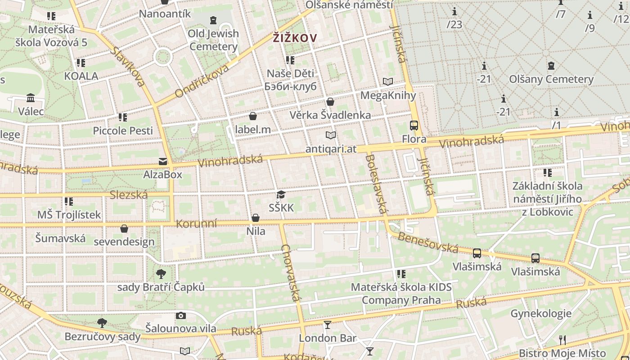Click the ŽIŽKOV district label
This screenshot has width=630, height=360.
click(x=295, y=38)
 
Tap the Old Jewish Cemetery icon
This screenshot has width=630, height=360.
click(x=213, y=20)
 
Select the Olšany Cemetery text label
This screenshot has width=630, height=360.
click(x=551, y=79)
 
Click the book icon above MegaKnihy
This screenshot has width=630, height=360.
click(x=388, y=82)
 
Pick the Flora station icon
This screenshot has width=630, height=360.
click(x=414, y=126)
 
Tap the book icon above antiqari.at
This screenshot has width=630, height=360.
click(x=331, y=135)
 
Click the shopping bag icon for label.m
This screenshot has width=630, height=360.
click(x=253, y=117)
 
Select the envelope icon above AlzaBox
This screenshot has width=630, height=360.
click(x=162, y=161)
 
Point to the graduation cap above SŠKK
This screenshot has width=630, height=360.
click(x=281, y=195)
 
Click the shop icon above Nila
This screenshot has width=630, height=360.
click(x=256, y=218)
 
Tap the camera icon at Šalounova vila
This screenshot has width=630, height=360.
click(x=181, y=315)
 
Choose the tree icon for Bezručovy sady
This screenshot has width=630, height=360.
click(x=102, y=323)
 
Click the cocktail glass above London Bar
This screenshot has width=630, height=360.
click(x=328, y=324)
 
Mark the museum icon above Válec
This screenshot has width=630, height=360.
click(x=31, y=98)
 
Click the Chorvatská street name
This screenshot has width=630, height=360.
click(x=291, y=273)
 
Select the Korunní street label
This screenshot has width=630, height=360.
click(x=196, y=224)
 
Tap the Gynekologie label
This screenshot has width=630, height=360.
click(x=540, y=314)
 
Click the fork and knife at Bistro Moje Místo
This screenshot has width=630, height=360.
click(x=562, y=340)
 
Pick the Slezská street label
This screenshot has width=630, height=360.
click(x=129, y=195)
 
